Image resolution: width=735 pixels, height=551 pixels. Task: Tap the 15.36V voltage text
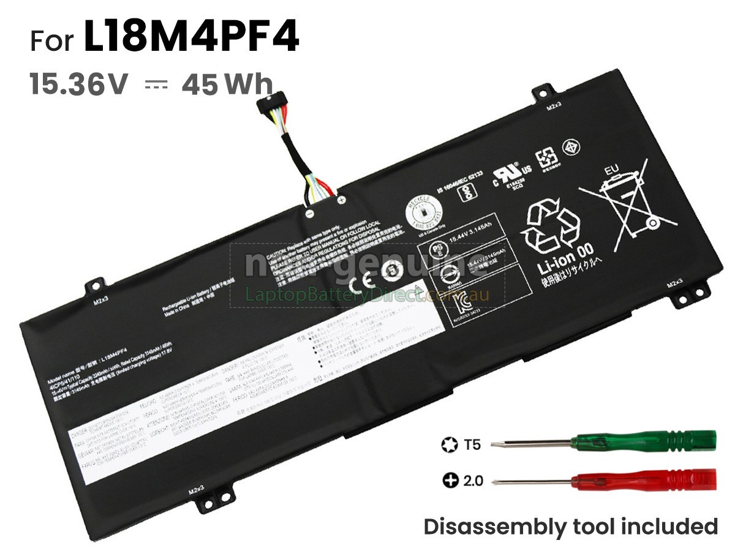[79, 84]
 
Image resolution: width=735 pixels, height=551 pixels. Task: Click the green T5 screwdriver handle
[643, 440]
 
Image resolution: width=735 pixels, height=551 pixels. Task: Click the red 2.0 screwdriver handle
[643, 479]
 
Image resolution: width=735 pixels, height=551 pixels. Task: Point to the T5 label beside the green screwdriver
[472, 444]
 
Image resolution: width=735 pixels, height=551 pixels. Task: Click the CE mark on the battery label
[358, 283]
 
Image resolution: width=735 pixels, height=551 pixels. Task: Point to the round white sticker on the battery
[423, 214]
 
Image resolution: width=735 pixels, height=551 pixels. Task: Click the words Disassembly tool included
[570, 527]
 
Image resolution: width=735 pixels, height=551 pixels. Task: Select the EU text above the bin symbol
[611, 170]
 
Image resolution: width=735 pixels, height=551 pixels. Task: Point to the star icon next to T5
[450, 444]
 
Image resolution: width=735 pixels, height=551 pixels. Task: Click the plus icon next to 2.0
[450, 481]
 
